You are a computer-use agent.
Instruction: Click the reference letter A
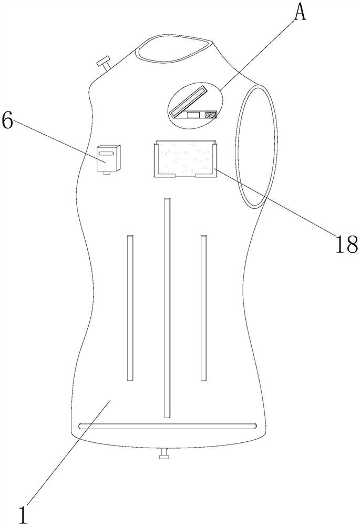tap(300, 13)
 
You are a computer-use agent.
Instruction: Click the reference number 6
tap(7, 120)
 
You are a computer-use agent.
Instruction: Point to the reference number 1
tap(23, 515)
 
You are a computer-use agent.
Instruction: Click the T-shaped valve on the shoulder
tap(104, 63)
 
